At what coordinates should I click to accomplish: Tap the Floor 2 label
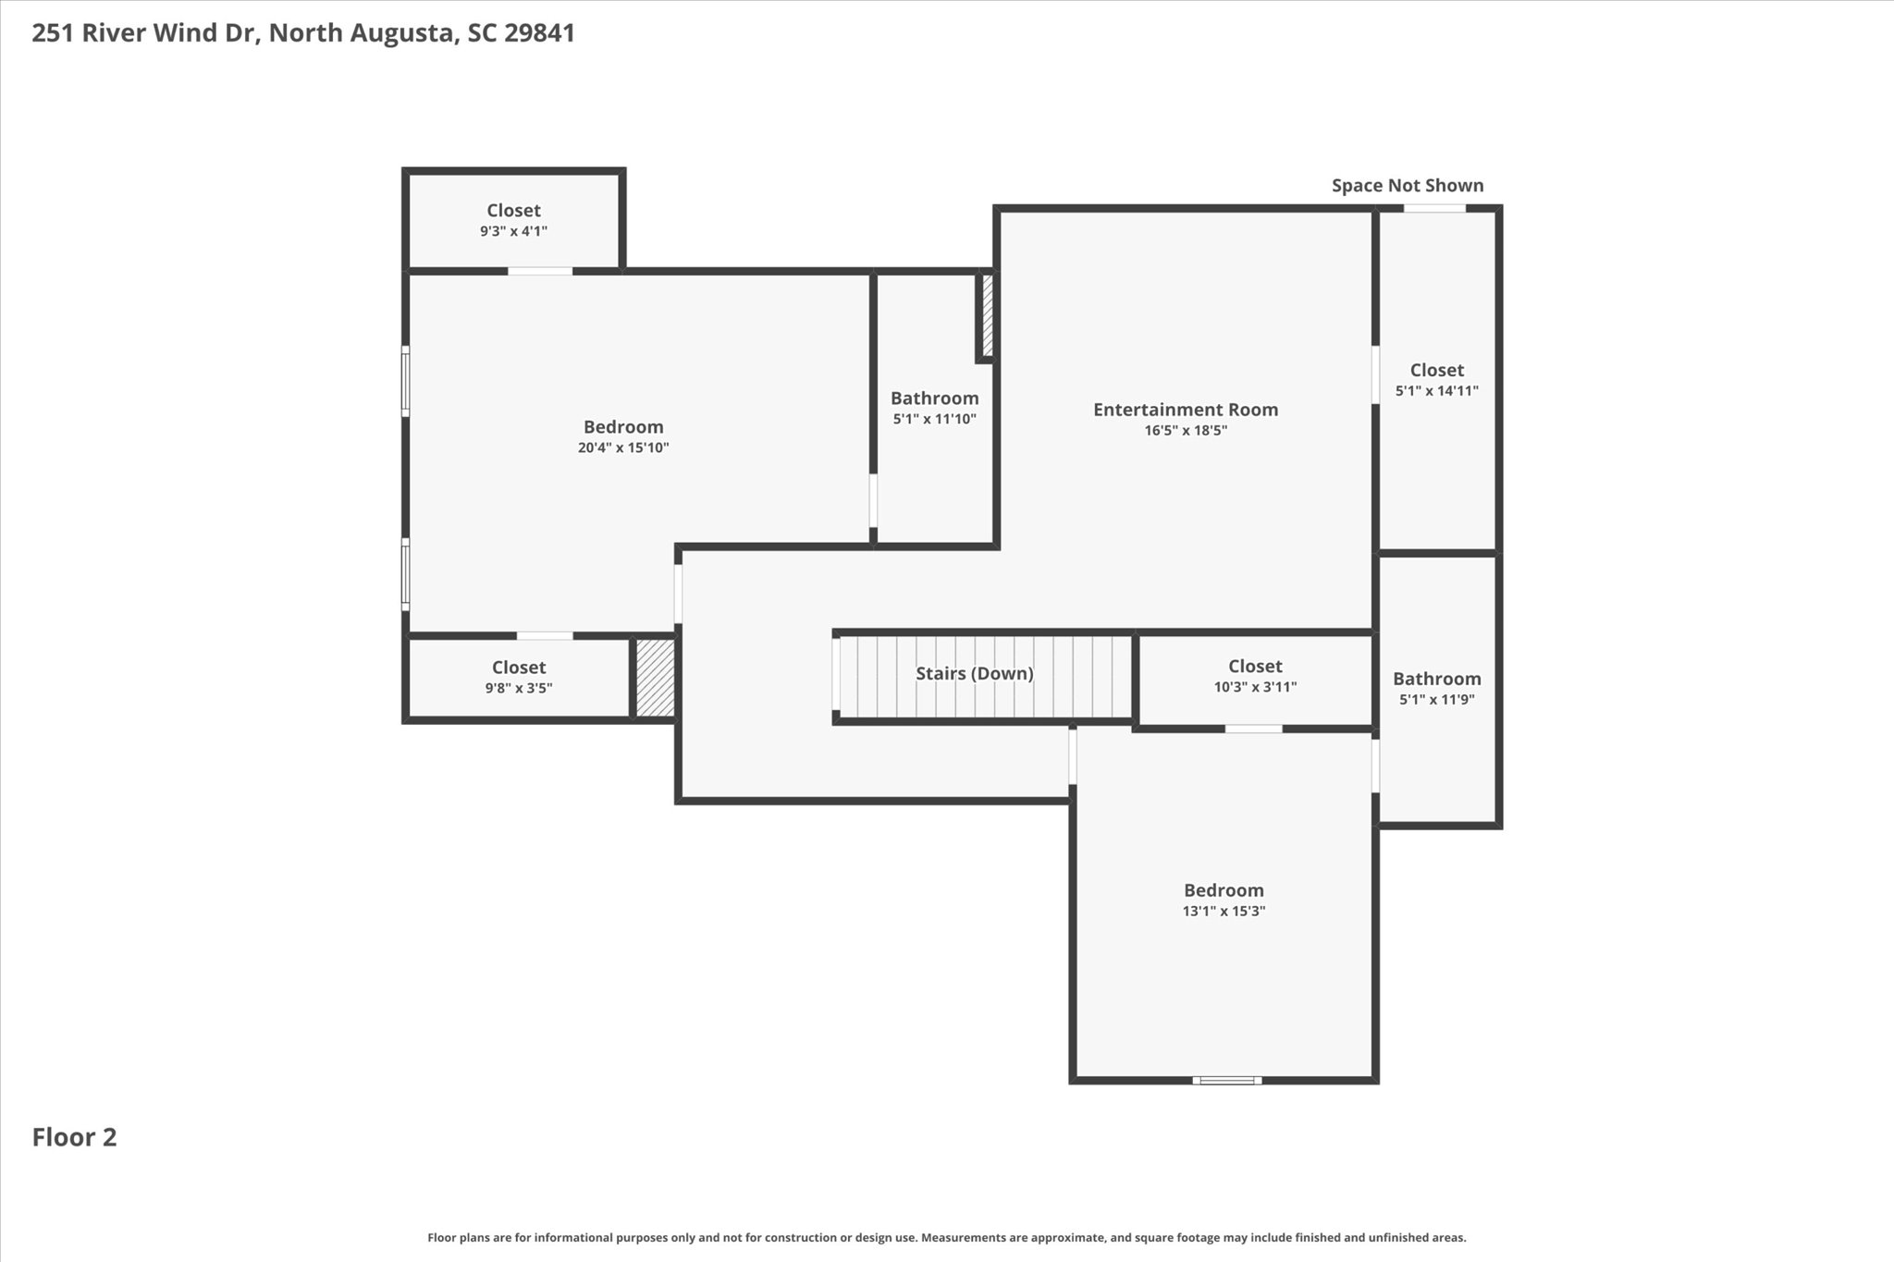click(75, 1137)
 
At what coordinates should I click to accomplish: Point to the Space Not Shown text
click(1408, 186)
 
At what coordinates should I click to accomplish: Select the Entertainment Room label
click(1186, 410)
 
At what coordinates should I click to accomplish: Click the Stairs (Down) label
click(975, 674)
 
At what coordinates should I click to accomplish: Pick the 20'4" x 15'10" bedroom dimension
click(623, 448)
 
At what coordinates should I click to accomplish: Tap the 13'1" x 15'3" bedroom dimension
click(1224, 912)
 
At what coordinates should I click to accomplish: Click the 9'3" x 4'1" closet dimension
click(513, 232)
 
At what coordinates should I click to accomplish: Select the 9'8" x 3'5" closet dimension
click(519, 689)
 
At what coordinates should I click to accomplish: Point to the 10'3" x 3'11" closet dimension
click(1255, 688)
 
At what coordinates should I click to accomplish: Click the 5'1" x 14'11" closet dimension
click(1437, 391)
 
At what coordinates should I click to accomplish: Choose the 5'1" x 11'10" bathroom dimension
click(934, 420)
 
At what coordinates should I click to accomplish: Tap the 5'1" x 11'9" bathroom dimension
click(1437, 700)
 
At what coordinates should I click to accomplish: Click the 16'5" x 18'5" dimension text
click(1186, 431)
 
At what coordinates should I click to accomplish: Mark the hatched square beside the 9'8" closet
click(656, 678)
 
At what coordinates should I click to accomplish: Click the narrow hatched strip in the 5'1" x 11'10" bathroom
click(987, 315)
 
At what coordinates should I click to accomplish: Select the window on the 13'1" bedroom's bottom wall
click(1226, 1080)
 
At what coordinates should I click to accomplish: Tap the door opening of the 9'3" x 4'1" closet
click(540, 271)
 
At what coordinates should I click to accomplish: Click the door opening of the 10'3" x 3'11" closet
click(1254, 729)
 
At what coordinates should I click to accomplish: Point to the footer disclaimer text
click(947, 1237)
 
